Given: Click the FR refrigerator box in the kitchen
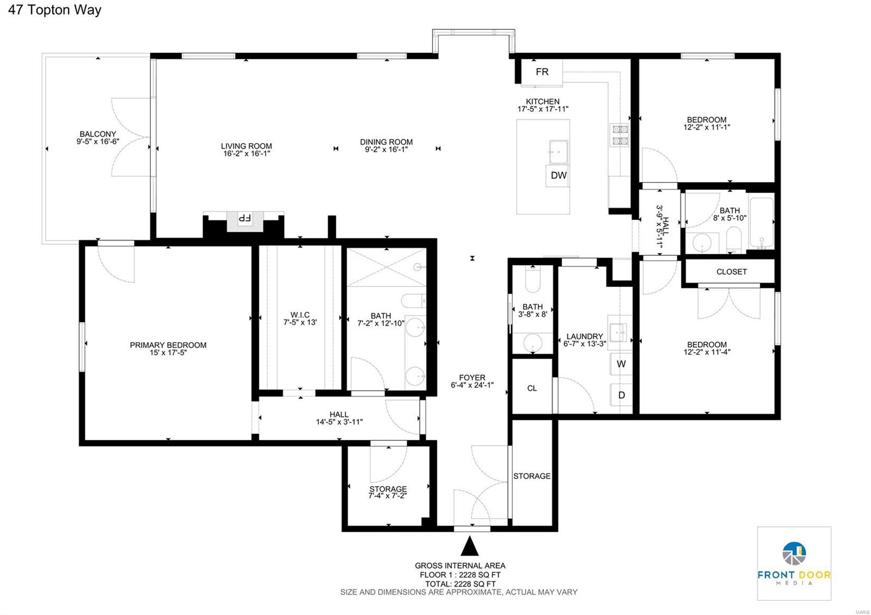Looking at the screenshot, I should coord(542,72).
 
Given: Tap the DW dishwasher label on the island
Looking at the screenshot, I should coord(559,175).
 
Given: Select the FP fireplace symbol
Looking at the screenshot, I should coord(244,219).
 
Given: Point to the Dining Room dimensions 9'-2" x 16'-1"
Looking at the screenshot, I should coord(386,150).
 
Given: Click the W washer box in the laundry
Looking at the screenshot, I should coord(621,364).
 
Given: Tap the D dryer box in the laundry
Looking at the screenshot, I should coord(621,395).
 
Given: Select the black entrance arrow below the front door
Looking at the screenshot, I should coord(469,546).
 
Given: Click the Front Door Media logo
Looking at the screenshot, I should coord(794,563).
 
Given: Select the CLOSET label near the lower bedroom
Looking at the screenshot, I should coord(731,272).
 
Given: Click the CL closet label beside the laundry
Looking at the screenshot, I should coord(532,388).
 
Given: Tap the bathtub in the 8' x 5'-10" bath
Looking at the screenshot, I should coord(761,223).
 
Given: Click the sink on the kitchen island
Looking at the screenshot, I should coord(558,152).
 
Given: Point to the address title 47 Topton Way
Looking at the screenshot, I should coord(54,10).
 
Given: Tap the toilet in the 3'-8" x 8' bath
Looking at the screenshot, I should coord(532,281).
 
